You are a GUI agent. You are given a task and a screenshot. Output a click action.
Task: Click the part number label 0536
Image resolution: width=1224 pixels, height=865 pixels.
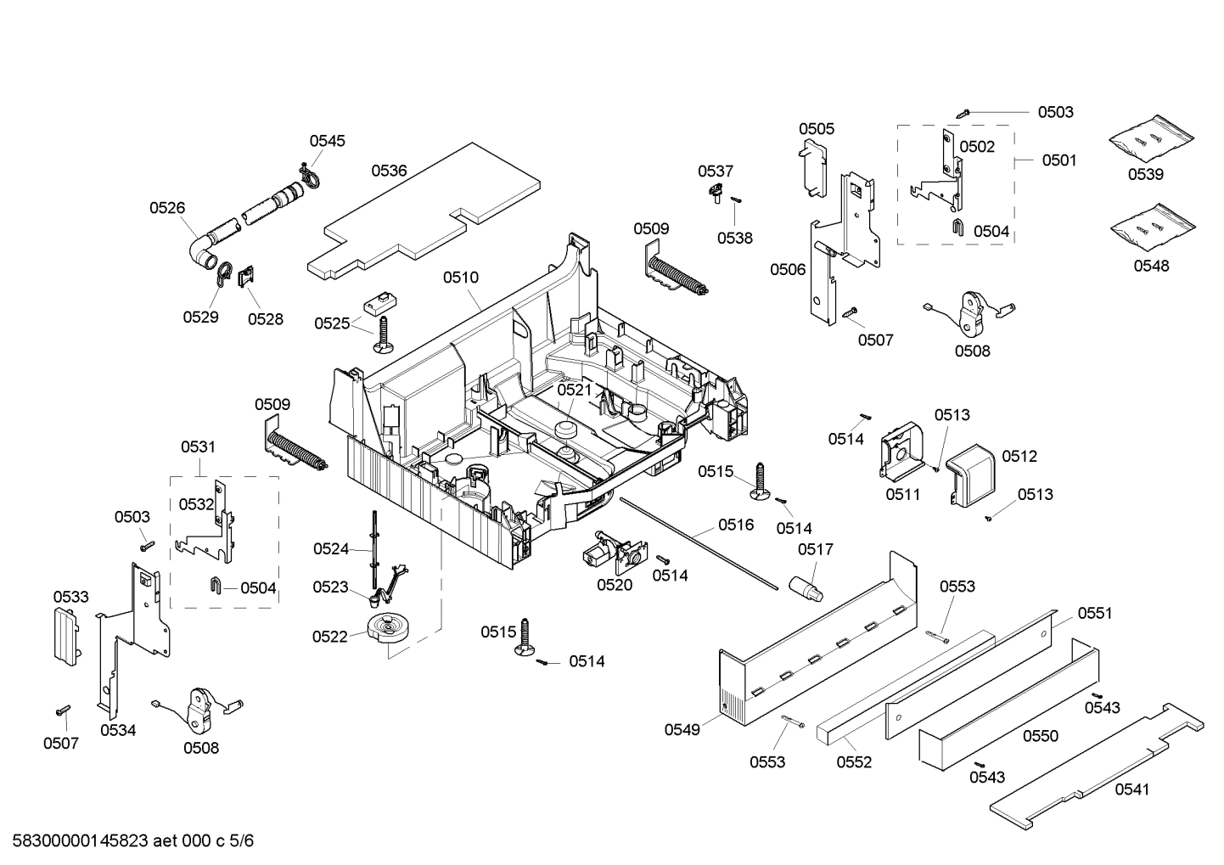(389, 171)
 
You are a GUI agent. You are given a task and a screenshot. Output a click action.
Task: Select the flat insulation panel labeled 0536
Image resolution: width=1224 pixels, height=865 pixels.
(424, 212)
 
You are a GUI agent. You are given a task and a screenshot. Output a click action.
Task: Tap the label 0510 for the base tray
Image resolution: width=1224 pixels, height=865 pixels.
(460, 278)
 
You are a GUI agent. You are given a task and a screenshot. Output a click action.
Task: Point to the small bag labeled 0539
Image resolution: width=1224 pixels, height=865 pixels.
(1151, 139)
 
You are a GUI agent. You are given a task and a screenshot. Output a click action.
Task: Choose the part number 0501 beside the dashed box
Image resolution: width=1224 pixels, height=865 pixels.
(1058, 160)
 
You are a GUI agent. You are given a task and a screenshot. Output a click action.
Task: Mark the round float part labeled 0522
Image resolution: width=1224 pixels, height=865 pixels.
(390, 629)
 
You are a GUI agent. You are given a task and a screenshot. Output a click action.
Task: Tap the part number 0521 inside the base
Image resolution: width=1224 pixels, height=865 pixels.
(574, 390)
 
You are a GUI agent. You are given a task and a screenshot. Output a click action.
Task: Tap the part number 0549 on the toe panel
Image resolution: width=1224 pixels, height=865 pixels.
(682, 729)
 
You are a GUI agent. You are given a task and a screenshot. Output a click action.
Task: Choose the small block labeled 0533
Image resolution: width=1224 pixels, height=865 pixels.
(66, 635)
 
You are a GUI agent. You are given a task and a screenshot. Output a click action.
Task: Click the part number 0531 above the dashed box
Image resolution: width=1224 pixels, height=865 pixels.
(198, 447)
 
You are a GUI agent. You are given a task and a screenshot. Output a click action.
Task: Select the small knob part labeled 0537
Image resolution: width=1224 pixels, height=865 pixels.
(717, 193)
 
